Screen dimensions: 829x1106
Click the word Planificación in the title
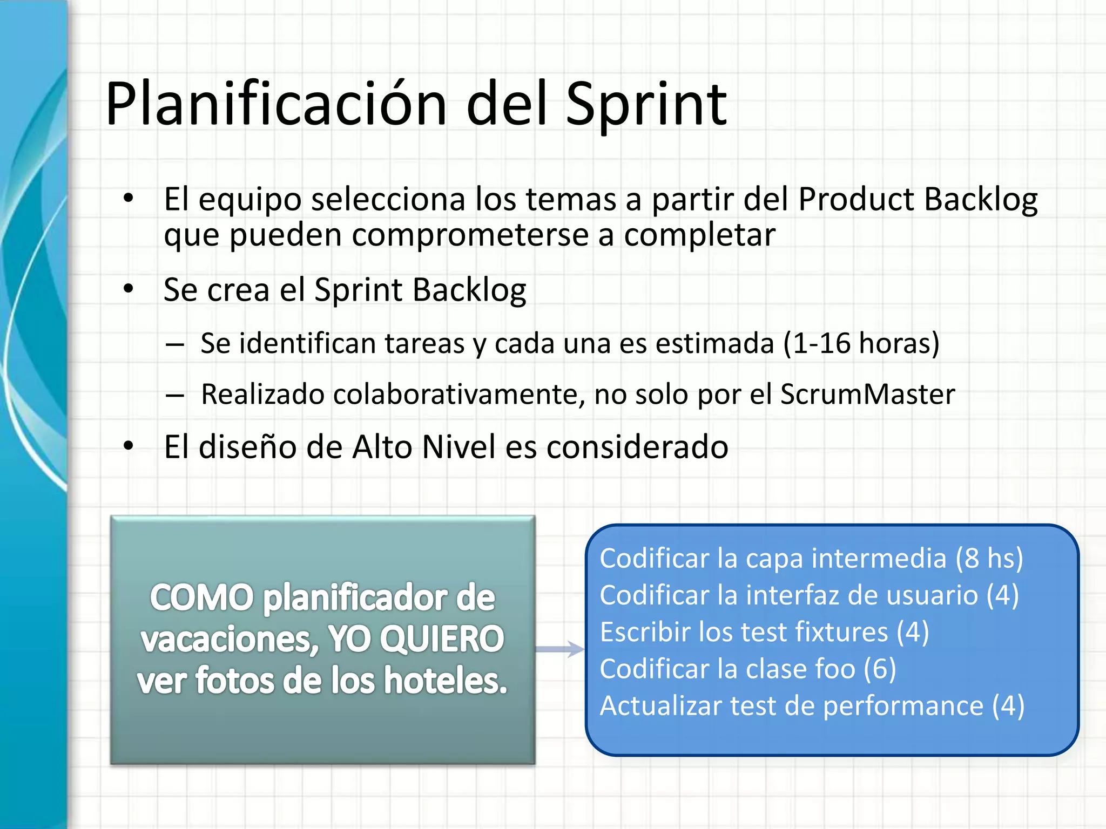tap(276, 104)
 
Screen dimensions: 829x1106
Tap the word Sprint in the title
tap(646, 104)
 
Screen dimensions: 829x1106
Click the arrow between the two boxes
tap(560, 649)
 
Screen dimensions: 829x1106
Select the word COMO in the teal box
tap(201, 598)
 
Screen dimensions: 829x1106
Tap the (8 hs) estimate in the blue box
tap(989, 558)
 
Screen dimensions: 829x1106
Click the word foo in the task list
tap(835, 669)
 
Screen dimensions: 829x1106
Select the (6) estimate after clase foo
tap(880, 669)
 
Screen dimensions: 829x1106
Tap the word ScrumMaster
tap(867, 394)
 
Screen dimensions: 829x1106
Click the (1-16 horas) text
tap(861, 343)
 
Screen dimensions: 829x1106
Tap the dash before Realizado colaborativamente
tap(175, 395)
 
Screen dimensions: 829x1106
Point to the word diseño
tap(247, 447)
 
